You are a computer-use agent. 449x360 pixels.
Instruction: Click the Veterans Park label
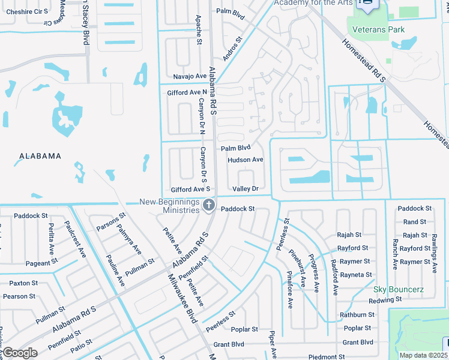tap(378, 29)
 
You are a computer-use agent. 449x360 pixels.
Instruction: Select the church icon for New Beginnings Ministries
tap(209, 206)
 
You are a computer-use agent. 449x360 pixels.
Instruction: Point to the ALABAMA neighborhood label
tap(40, 156)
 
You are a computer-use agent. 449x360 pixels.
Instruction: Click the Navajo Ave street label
tap(190, 77)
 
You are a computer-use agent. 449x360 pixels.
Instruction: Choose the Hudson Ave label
tap(246, 160)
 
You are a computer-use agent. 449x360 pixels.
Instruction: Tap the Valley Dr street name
tap(245, 188)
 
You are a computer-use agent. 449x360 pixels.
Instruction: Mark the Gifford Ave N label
tap(187, 92)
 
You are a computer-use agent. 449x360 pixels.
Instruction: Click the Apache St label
tap(198, 34)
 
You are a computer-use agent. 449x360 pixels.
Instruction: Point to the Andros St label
tap(232, 49)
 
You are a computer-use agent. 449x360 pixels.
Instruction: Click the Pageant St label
tap(41, 262)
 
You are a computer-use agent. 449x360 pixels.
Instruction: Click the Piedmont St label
tap(327, 357)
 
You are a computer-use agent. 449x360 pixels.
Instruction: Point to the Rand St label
tap(415, 222)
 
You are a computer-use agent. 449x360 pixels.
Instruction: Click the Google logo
tap(20, 353)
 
